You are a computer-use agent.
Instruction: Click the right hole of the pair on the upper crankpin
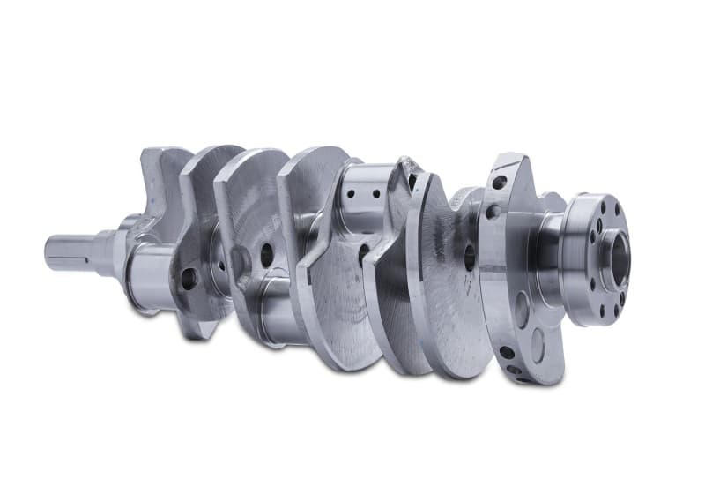pyautogui.click(x=375, y=193)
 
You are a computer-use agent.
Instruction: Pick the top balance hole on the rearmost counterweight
pyautogui.click(x=500, y=183)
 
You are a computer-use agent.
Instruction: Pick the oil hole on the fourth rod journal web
pyautogui.click(x=469, y=257)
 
